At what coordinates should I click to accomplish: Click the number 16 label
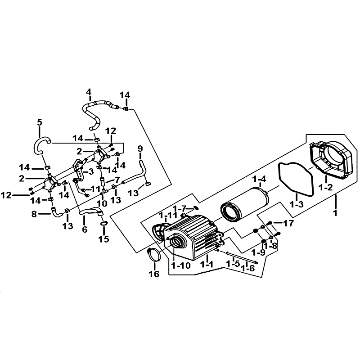pyautogui.click(x=154, y=274)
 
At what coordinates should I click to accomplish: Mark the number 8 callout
pyautogui.click(x=34, y=214)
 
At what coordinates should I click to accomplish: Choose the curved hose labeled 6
pyautogui.click(x=90, y=212)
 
